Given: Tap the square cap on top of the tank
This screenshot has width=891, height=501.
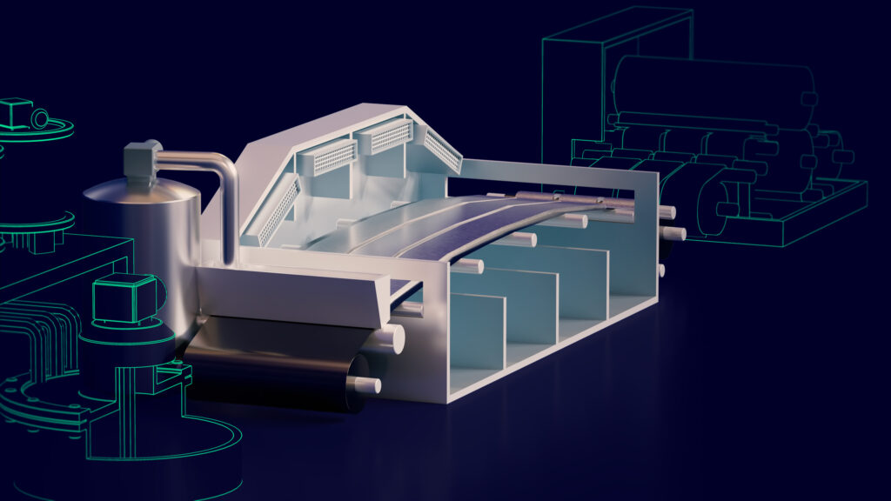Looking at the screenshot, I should tap(139, 157).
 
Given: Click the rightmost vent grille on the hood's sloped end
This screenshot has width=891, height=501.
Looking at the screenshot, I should tap(442, 150).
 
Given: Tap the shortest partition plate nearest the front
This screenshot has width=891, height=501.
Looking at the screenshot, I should tap(477, 331).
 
